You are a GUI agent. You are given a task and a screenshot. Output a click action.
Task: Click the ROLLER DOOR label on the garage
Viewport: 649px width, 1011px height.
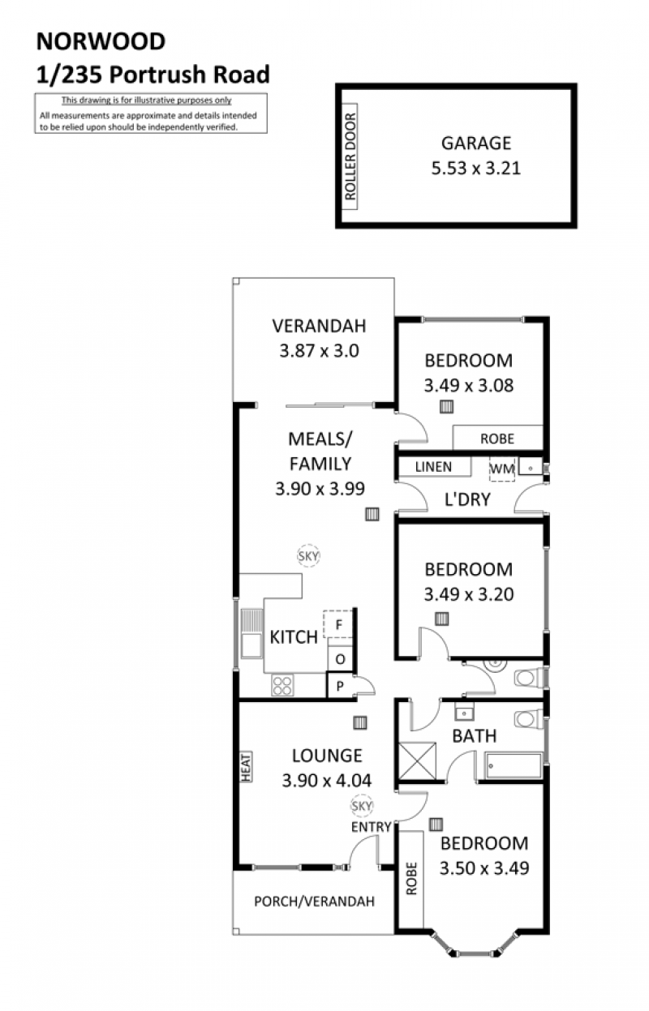coord(350,156)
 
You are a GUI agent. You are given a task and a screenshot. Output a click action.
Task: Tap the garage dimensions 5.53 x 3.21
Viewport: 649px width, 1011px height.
coord(476,169)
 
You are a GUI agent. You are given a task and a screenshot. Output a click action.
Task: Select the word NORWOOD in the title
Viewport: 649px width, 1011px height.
coord(101,41)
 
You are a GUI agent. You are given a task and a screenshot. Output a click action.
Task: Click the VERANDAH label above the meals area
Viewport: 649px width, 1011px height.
coord(319,326)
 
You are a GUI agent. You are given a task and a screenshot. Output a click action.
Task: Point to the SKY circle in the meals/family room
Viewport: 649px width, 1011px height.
coord(308,556)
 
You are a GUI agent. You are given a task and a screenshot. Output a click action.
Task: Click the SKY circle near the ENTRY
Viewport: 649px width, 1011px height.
coord(361,806)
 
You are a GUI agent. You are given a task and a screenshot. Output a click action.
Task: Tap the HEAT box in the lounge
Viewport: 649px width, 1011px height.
coord(246,766)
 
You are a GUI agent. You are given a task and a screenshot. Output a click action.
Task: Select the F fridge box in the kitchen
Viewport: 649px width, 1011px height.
coord(337,624)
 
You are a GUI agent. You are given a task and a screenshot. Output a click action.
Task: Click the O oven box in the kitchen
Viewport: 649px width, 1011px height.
coord(340,659)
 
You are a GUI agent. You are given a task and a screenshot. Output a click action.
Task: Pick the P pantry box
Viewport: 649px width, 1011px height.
coord(340,686)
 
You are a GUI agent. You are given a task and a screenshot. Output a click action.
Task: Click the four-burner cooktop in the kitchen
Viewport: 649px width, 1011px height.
coord(282,686)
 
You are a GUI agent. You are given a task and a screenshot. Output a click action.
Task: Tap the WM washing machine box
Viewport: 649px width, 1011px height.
coord(502,469)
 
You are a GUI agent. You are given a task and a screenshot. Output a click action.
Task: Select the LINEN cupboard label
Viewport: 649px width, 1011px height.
coord(433,467)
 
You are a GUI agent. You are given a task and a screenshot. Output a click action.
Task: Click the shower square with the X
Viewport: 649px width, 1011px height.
coord(418,761)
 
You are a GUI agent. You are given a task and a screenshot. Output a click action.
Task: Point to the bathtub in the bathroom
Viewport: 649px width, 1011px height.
coord(513,765)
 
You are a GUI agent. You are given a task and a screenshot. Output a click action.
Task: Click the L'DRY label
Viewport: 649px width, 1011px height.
coord(467,499)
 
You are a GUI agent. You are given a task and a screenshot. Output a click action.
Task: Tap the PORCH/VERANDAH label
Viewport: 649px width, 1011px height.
coord(314,902)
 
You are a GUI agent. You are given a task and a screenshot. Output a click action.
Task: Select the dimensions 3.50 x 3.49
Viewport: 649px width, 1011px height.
coord(484,868)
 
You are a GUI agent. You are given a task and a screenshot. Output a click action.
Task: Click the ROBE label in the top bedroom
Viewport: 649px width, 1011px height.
coord(496,439)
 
